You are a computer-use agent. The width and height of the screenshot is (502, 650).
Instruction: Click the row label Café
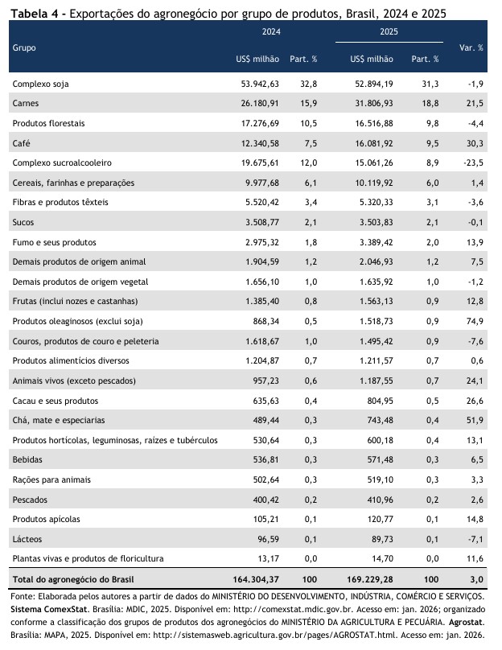[20, 143]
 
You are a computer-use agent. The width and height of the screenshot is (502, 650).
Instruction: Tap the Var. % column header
[471, 47]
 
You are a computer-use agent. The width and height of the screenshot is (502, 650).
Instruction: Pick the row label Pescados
[30, 499]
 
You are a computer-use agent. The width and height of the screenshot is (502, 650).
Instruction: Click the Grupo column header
[23, 47]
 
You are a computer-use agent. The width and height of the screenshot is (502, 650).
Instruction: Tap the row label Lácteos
[27, 538]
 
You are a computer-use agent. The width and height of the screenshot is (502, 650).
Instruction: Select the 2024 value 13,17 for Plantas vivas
[267, 558]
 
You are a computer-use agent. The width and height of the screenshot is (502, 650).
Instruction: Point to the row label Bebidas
[27, 459]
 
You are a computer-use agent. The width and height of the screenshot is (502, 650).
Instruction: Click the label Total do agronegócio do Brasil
[73, 578]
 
